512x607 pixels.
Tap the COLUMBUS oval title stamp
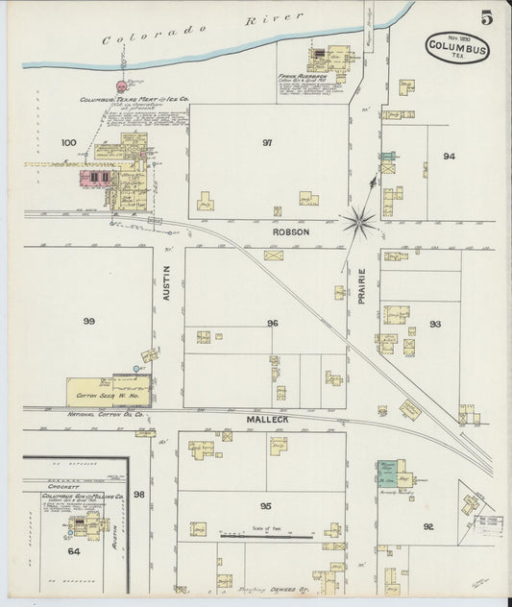pyautogui.click(x=456, y=47)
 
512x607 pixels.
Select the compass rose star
pyautogui.click(x=362, y=222)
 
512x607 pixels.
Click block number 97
pyautogui.click(x=267, y=142)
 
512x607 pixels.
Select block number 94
pyautogui.click(x=449, y=156)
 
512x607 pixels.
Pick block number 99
pyautogui.click(x=89, y=321)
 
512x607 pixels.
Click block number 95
pyautogui.click(x=265, y=506)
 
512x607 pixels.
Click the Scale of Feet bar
pyautogui.click(x=264, y=531)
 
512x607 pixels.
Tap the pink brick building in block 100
pyautogui.click(x=96, y=178)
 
